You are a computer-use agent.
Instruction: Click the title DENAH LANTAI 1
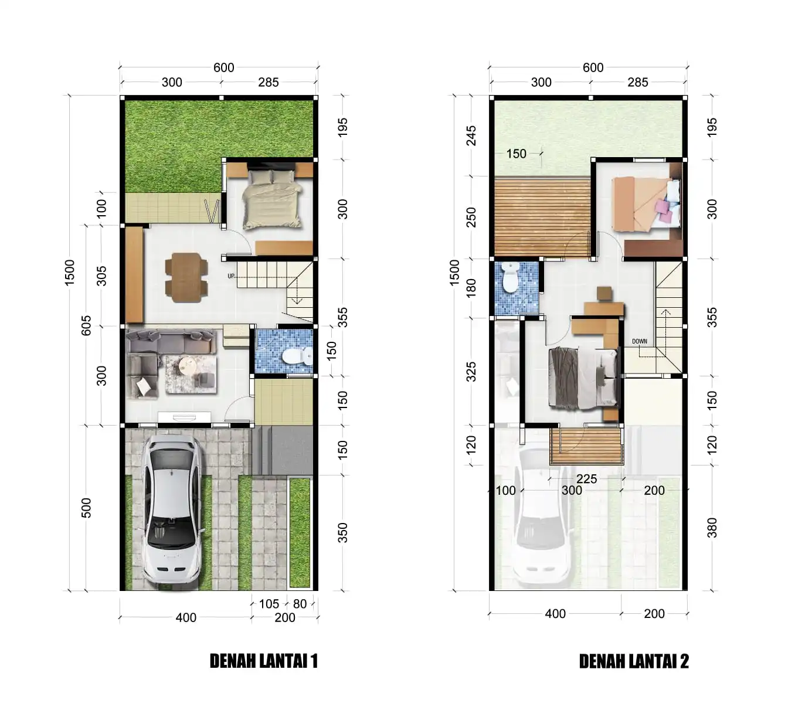click(263, 661)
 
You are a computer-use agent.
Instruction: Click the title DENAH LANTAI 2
click(633, 661)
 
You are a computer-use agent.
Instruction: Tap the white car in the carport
click(172, 508)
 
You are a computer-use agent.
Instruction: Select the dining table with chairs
click(186, 277)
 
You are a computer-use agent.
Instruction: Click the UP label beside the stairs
click(231, 276)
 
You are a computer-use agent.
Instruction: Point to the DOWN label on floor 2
click(639, 341)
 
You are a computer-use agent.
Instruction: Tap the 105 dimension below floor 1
click(269, 604)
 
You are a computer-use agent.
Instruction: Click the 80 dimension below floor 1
click(300, 604)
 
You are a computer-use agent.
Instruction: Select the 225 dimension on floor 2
click(586, 479)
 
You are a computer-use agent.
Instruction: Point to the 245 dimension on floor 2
click(471, 136)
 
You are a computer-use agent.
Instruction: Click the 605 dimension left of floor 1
click(86, 325)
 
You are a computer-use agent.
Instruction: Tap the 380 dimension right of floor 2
click(712, 528)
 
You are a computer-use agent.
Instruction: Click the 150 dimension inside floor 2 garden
click(516, 154)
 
